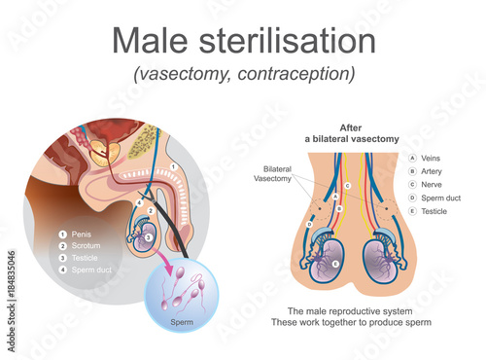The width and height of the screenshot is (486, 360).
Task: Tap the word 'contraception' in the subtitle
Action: click(301, 74)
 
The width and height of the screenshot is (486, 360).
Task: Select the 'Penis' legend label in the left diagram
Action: click(82, 234)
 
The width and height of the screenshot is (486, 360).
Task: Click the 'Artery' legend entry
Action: click(433, 171)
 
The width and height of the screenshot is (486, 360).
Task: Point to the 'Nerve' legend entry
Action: click(433, 184)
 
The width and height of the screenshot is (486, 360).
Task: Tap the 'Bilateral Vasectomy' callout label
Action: click(272, 173)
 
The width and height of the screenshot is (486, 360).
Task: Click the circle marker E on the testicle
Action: click(336, 264)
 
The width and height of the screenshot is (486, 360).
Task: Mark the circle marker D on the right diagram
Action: click(310, 225)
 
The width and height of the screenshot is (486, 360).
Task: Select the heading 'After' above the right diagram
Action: click(351, 126)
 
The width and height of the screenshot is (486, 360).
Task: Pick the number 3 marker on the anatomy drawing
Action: click(148, 235)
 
